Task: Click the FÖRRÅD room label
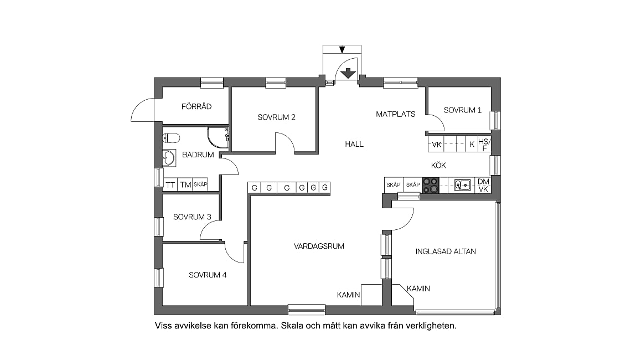(x=196, y=106)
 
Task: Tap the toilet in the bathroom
(x=170, y=138)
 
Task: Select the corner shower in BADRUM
(x=218, y=137)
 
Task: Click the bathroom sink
(x=169, y=158)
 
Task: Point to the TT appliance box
(x=170, y=185)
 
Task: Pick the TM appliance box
(x=185, y=185)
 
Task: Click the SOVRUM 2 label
(x=276, y=117)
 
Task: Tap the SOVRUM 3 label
(x=192, y=217)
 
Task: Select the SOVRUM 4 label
(x=208, y=275)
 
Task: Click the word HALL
(x=354, y=144)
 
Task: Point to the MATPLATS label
(x=396, y=115)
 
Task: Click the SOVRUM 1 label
(x=463, y=110)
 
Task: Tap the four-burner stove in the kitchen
(x=431, y=185)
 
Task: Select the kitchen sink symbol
(x=463, y=185)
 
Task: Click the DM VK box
(x=483, y=185)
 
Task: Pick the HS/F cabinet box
(x=484, y=145)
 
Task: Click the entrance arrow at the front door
(x=348, y=73)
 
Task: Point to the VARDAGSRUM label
(x=319, y=246)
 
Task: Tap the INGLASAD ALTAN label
(x=446, y=251)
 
